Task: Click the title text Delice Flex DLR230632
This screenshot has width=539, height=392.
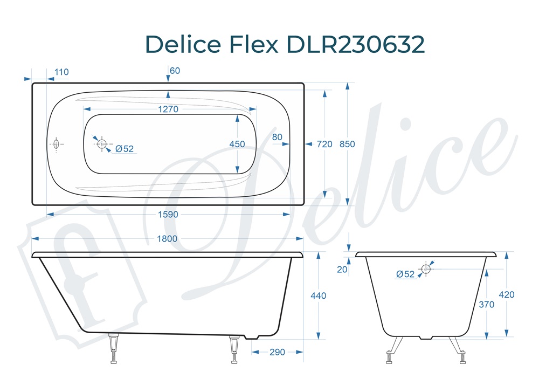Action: coord(285,44)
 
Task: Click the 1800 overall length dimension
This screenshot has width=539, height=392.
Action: coord(168,238)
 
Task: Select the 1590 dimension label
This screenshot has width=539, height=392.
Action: coord(168,214)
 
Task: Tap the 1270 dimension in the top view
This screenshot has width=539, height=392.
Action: coord(168,109)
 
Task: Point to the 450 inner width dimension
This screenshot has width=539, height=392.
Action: coord(237,144)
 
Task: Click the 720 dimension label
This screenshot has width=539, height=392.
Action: coord(324,144)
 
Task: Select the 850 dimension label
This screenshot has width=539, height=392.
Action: coord(348,144)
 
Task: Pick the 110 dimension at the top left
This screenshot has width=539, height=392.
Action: coord(61,72)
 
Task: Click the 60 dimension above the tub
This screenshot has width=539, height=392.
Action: coord(175,71)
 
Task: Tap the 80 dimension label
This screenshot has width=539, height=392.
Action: coord(277,137)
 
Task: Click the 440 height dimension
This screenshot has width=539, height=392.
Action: coord(319,295)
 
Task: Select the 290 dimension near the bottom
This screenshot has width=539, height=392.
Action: coord(277,352)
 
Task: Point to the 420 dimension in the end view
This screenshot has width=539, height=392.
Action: coord(507,294)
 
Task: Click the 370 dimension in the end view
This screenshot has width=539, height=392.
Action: coord(487,304)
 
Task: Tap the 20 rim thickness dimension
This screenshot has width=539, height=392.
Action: coord(342,269)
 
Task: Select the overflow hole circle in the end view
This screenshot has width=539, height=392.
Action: coord(426,268)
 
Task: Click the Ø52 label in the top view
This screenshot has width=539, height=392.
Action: coord(125,149)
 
